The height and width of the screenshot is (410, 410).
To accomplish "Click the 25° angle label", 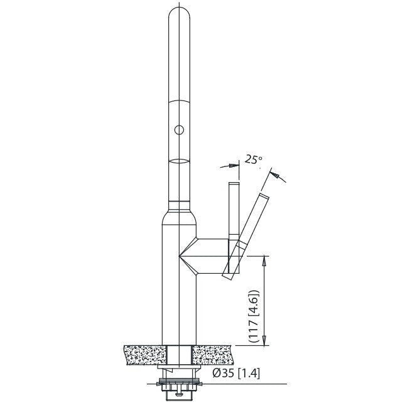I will point(252,160).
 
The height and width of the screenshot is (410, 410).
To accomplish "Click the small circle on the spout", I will point(179,131).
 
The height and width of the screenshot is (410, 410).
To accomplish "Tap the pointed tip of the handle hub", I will point(181,255).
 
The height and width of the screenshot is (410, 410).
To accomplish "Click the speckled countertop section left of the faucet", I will point(145,355).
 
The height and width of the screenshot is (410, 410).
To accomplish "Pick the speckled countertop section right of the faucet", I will point(213,355).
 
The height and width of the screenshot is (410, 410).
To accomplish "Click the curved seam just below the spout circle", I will point(179,161).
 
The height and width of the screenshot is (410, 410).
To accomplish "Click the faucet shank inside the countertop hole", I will point(180,355).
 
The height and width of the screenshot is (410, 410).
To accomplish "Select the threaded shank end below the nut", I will point(180,395).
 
